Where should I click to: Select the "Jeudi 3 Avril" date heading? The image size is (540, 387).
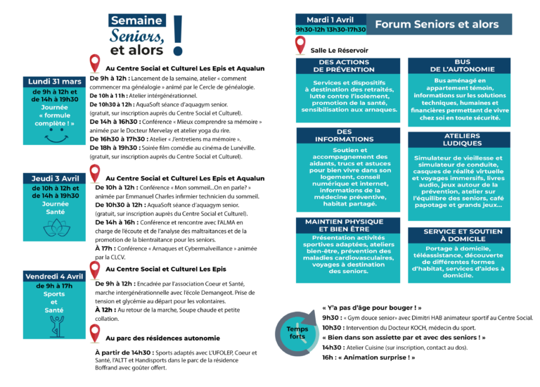(x=54, y=179)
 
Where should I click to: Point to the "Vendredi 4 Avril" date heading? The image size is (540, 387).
(x=54, y=277)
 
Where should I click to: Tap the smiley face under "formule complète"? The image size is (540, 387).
(x=54, y=138)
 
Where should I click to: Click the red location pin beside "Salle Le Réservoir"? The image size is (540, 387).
(x=301, y=46)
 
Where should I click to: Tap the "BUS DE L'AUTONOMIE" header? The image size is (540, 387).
(x=462, y=66)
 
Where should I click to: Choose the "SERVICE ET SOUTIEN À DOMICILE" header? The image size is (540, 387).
(x=462, y=235)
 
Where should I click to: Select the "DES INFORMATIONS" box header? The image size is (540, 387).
(x=344, y=135)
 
